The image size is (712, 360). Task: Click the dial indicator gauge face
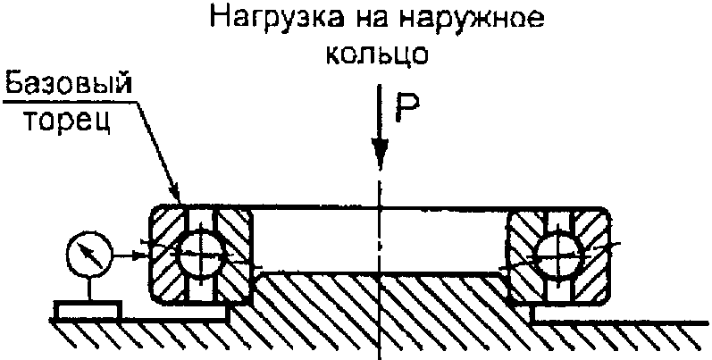[89, 254]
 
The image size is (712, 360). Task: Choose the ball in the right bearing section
[559, 254]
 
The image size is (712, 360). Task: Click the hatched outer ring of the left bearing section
[165, 255]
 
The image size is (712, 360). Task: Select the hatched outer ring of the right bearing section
[594, 255]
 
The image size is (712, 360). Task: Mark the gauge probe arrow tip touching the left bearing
[143, 254]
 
